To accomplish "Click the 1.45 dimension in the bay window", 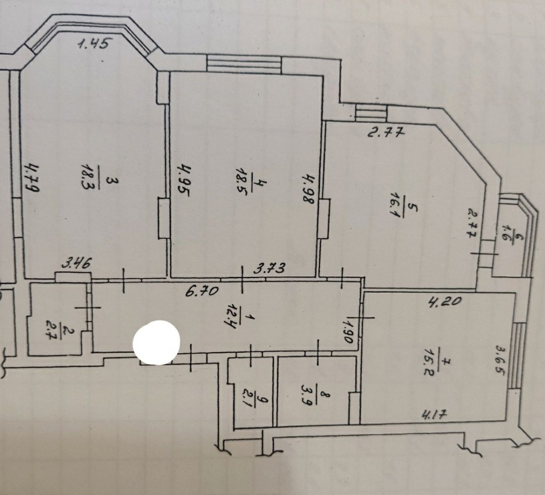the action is coord(94,44).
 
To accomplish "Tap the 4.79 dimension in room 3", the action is coord(33,177).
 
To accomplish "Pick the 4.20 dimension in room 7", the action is coord(445,300).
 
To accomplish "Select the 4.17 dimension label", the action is coord(434,414).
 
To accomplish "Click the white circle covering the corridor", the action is coord(156,342).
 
